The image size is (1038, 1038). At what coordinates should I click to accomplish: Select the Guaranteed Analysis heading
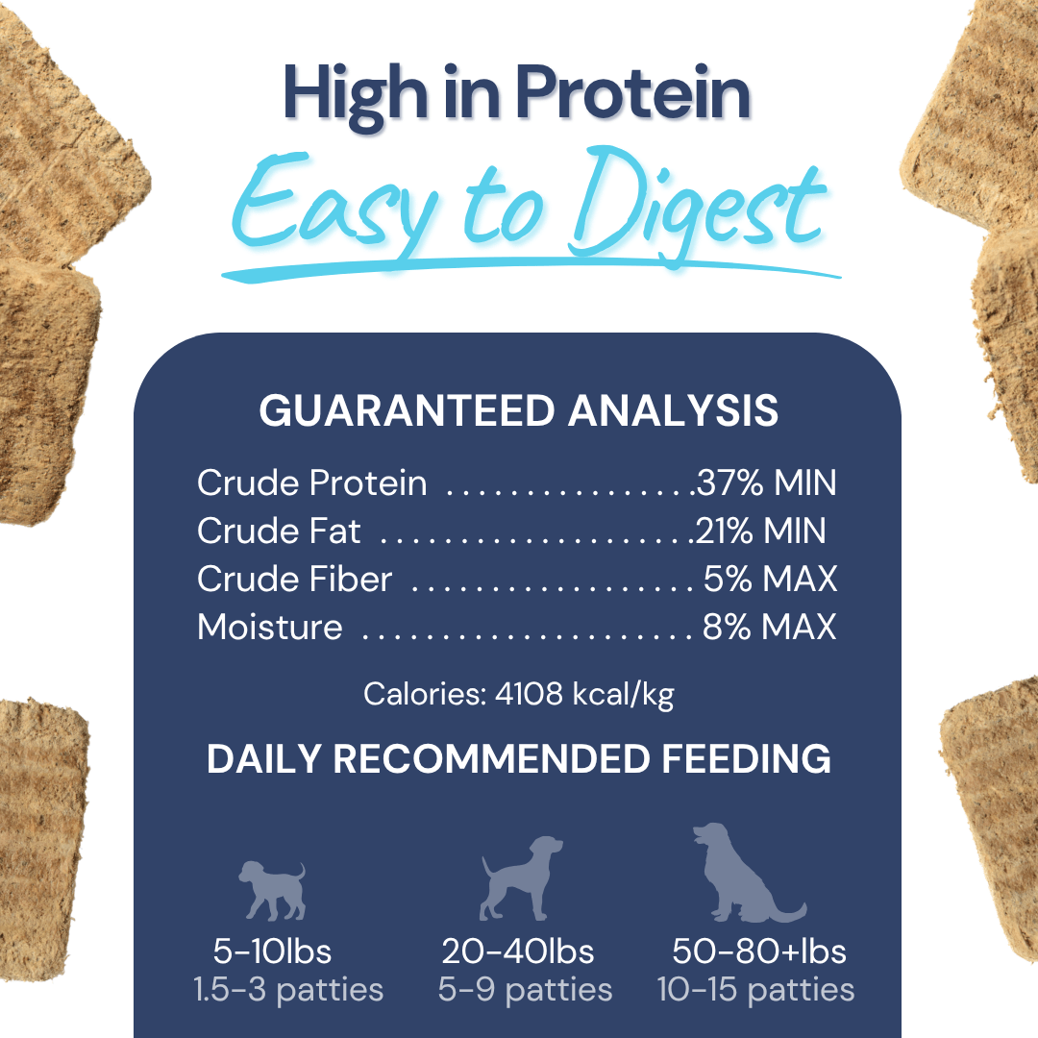tap(518, 410)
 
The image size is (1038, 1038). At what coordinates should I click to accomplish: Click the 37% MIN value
tap(766, 482)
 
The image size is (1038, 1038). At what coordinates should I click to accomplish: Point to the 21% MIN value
tap(760, 531)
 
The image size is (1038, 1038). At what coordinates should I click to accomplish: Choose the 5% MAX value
tap(770, 579)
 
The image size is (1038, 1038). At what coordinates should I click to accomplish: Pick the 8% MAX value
tap(769, 627)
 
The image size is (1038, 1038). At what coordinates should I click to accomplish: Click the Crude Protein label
tap(311, 482)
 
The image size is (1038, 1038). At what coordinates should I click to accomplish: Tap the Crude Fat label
tap(279, 531)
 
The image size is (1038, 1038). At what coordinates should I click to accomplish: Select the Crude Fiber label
tap(294, 579)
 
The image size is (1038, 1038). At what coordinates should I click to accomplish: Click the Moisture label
tap(269, 627)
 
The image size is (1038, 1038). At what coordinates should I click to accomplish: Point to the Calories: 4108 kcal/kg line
tap(518, 694)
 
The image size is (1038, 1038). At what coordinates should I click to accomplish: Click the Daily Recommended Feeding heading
tap(518, 759)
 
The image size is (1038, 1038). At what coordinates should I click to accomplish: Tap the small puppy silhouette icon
tap(272, 890)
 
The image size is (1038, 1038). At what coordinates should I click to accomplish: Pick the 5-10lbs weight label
tap(272, 951)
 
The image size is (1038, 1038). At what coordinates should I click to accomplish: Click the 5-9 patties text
tap(525, 989)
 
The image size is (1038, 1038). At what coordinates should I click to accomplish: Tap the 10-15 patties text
tap(755, 989)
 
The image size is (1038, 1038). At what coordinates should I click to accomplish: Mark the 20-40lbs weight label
tap(518, 951)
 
